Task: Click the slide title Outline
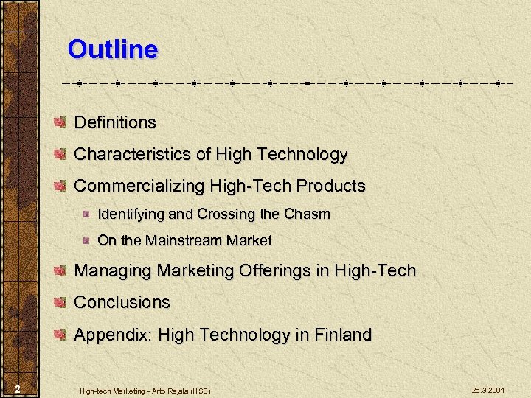pos(112,50)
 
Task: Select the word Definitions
pos(115,122)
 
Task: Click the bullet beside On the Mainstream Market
pos(86,240)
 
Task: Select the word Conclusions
pos(122,302)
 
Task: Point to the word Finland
pos(344,335)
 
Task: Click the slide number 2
pos(17,389)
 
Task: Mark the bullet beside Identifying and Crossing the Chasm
pos(86,214)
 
